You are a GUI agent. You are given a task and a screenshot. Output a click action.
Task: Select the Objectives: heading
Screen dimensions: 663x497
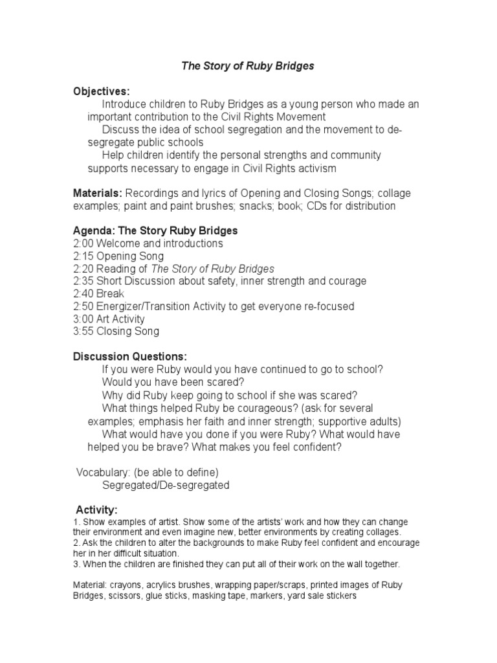(x=102, y=91)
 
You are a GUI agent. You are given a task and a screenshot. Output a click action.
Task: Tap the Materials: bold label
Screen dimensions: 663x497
(x=98, y=194)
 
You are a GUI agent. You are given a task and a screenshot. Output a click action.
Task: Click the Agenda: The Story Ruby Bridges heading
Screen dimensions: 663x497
(x=155, y=231)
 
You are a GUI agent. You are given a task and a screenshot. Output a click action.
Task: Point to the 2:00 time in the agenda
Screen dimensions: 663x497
(x=83, y=243)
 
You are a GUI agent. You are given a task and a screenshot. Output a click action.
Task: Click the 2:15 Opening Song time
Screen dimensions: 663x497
(x=83, y=256)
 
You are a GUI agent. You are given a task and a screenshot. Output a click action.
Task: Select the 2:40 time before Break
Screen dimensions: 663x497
(x=83, y=294)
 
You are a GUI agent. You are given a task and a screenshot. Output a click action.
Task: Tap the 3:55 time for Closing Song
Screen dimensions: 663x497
(x=83, y=331)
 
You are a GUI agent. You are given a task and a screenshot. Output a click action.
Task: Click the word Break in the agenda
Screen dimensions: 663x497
(x=110, y=294)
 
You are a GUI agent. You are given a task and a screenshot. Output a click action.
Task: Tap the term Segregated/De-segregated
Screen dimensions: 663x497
(x=166, y=485)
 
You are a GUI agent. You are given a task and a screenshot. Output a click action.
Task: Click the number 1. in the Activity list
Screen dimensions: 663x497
(x=76, y=523)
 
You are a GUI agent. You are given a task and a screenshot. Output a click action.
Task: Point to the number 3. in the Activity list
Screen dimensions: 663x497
(x=76, y=564)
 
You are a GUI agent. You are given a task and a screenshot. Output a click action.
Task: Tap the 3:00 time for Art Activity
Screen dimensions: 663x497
(x=83, y=319)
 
